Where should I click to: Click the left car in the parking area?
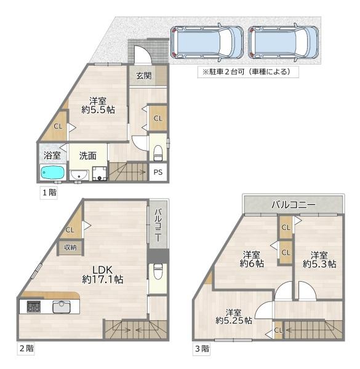[x=206, y=42]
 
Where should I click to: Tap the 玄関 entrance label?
[x=144, y=76]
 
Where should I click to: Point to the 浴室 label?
[x=50, y=156]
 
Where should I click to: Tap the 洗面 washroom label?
[x=87, y=156]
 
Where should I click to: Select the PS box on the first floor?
[x=158, y=173]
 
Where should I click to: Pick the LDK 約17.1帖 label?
[x=103, y=274]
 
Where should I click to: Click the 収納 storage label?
[x=70, y=247]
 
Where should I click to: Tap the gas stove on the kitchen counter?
[x=32, y=307]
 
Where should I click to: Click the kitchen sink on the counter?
[x=62, y=307]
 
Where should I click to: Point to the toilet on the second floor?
[x=157, y=272]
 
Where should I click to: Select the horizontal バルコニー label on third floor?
[x=294, y=204]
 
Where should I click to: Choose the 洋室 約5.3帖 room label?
[x=319, y=259]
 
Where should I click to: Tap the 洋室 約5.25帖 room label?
[x=233, y=316]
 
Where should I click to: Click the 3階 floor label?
[x=201, y=349]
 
